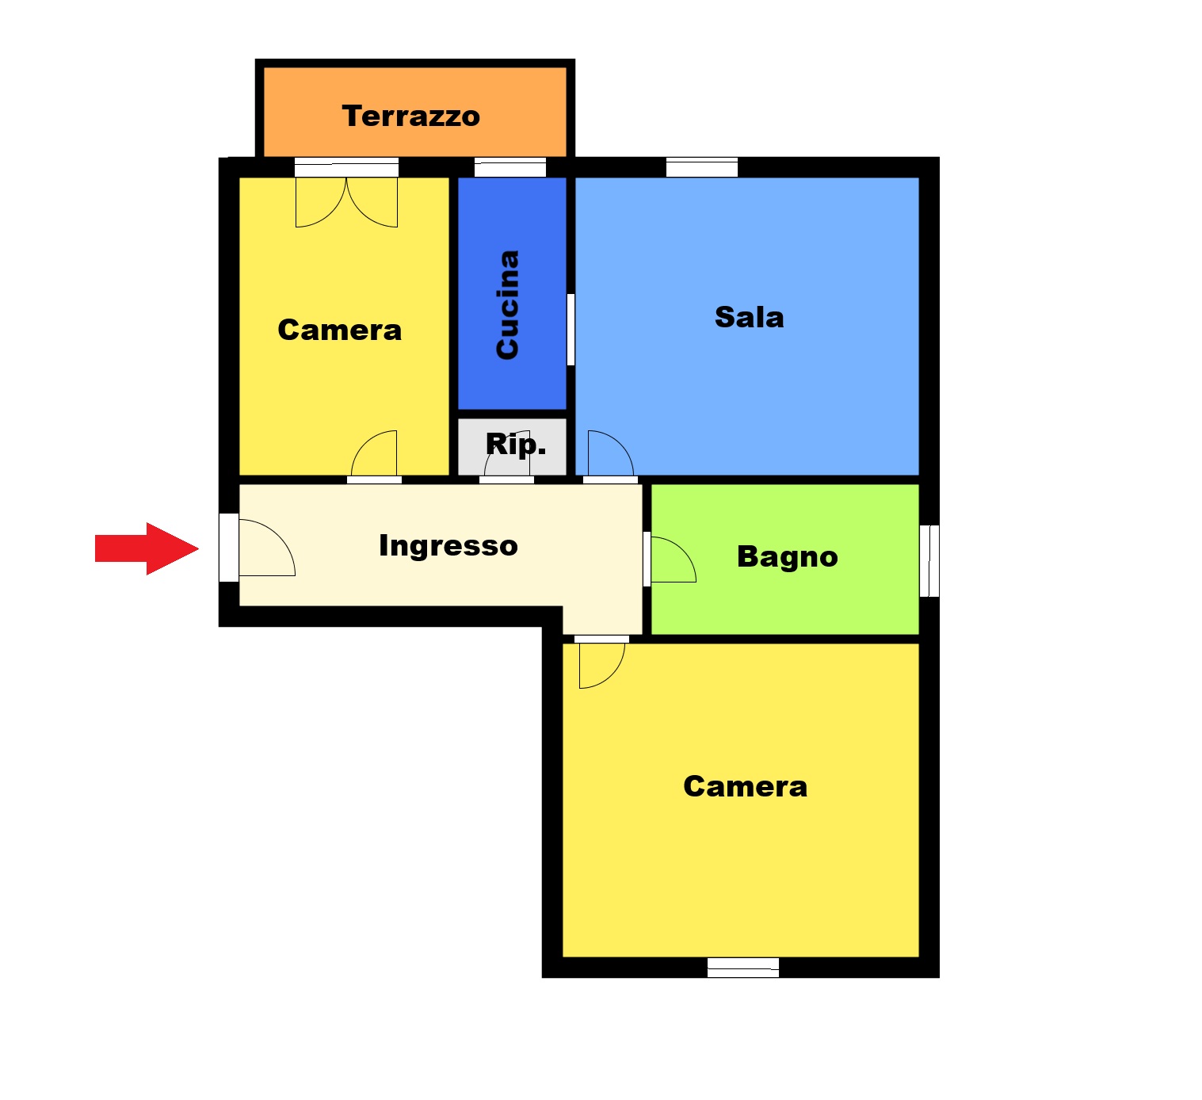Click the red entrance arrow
147,548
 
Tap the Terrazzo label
411,116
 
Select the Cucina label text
508,304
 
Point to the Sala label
749,317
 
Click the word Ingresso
448,546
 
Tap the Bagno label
788,557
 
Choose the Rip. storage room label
516,445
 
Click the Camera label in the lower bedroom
746,786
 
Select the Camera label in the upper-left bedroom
340,330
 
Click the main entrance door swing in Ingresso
267,548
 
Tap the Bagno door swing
674,560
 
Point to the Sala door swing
611,453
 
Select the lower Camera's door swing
602,666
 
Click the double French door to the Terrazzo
346,201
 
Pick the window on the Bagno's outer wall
929,561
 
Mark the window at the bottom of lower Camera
743,968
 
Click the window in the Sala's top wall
702,167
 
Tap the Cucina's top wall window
510,167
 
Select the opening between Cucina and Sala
570,330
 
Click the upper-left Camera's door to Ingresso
374,453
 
